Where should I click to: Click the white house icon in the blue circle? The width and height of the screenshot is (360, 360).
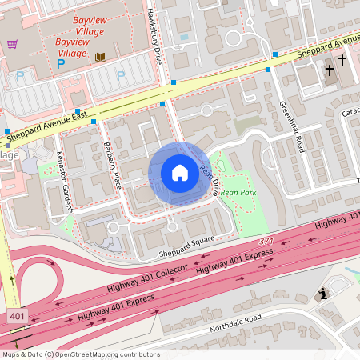tap(179, 173)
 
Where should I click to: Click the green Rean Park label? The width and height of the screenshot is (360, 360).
tap(238, 192)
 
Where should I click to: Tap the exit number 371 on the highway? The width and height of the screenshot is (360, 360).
tap(266, 241)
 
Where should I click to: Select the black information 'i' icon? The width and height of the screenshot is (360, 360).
tap(322, 294)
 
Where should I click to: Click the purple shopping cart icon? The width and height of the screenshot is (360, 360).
tap(11, 44)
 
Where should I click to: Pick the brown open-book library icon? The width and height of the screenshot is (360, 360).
tap(100, 57)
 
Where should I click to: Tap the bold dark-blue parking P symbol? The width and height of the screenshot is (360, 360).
tap(60, 62)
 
